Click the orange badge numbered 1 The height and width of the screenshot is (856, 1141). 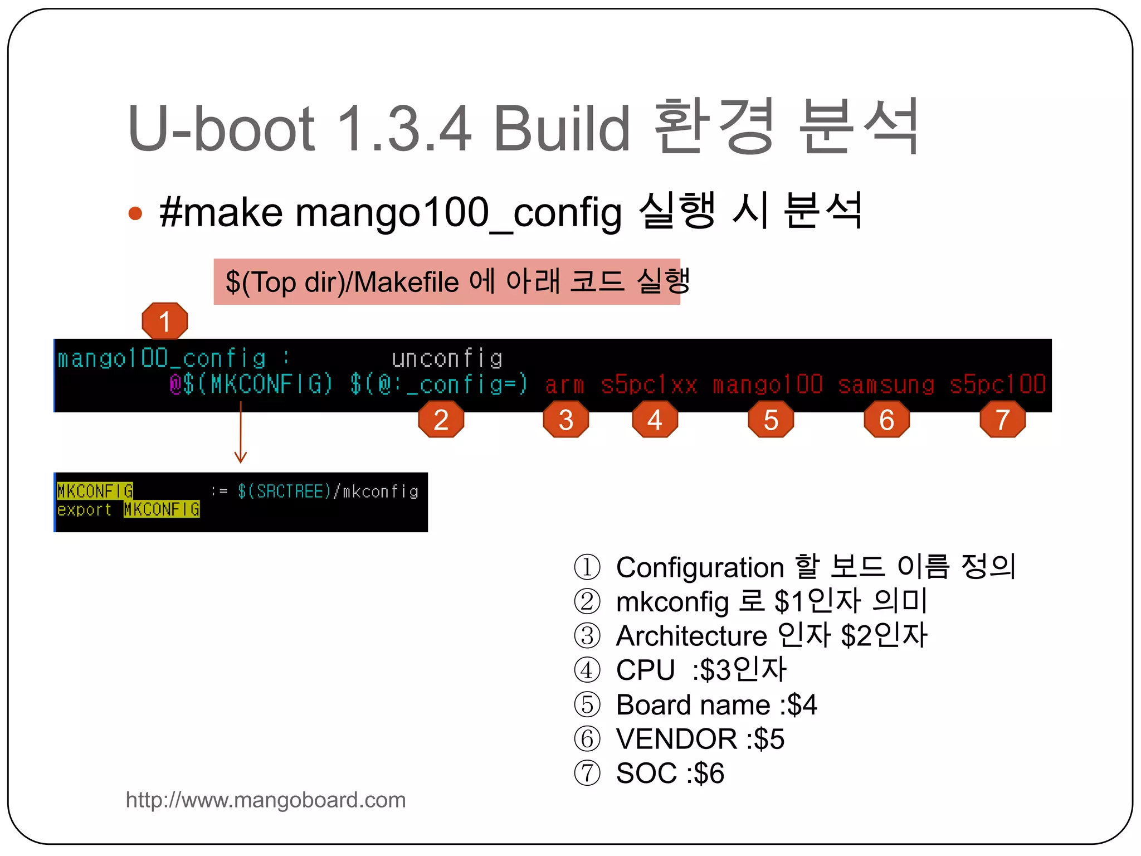[x=164, y=321]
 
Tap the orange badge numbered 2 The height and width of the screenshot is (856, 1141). [x=441, y=420]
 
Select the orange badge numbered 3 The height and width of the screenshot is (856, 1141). [x=565, y=420]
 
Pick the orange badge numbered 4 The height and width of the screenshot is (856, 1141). [x=655, y=420]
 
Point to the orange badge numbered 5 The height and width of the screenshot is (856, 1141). [x=771, y=420]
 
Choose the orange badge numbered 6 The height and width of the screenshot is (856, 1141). [x=886, y=420]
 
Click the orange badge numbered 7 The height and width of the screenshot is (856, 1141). [x=1002, y=420]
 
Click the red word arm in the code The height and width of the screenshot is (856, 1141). [x=564, y=385]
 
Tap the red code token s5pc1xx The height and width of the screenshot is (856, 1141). [x=648, y=385]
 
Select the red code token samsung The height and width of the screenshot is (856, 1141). [x=886, y=385]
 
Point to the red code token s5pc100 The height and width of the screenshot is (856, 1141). [x=997, y=385]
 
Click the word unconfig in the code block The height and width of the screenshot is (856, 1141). [x=447, y=359]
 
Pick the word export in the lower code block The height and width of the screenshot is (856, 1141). [x=84, y=510]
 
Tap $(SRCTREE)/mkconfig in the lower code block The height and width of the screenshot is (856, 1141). [x=328, y=492]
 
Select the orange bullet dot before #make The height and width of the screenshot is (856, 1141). [x=135, y=213]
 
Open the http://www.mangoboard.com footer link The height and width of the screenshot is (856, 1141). [x=266, y=800]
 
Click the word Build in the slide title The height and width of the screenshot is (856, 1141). [x=562, y=129]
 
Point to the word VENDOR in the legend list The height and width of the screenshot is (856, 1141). [x=676, y=739]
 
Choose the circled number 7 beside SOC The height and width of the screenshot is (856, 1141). [x=587, y=774]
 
